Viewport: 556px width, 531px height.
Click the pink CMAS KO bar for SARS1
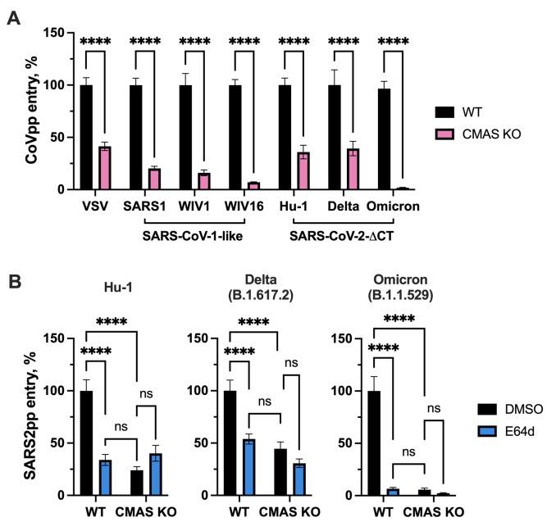[153, 179]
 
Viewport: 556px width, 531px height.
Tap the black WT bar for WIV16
[235, 137]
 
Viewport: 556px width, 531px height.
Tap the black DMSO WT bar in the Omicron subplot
[374, 442]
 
